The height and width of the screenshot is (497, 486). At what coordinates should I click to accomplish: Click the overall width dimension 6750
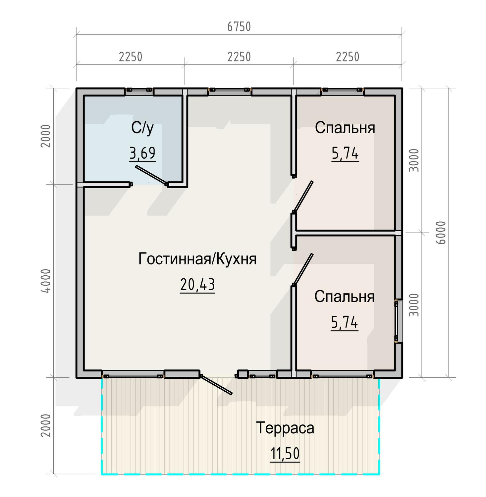point(239,27)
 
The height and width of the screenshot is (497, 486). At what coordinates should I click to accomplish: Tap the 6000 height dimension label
point(441,233)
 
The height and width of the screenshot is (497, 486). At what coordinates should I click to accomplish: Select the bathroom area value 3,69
point(142,153)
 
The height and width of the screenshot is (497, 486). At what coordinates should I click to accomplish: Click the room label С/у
point(142,128)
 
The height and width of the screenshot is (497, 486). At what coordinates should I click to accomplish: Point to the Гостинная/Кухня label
point(197,259)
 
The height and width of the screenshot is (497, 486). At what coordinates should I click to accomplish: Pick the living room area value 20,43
point(197,285)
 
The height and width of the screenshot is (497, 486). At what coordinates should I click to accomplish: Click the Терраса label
point(285,428)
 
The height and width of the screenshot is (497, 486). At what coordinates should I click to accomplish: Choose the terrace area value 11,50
point(285,454)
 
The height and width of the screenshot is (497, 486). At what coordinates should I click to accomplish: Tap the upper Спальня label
point(345,128)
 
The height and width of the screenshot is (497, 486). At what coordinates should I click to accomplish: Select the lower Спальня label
point(344,297)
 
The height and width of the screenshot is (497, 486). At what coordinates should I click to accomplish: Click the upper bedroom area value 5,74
point(345,153)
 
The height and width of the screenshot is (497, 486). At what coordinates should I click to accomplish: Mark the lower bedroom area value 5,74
point(344,322)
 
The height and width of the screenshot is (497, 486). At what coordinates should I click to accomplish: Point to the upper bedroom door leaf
point(303,196)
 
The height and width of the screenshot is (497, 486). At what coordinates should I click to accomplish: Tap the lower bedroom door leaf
point(303,269)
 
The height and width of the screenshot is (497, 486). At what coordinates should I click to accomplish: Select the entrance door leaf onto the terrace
point(216,384)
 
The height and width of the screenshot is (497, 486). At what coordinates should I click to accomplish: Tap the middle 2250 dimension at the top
point(239,57)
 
